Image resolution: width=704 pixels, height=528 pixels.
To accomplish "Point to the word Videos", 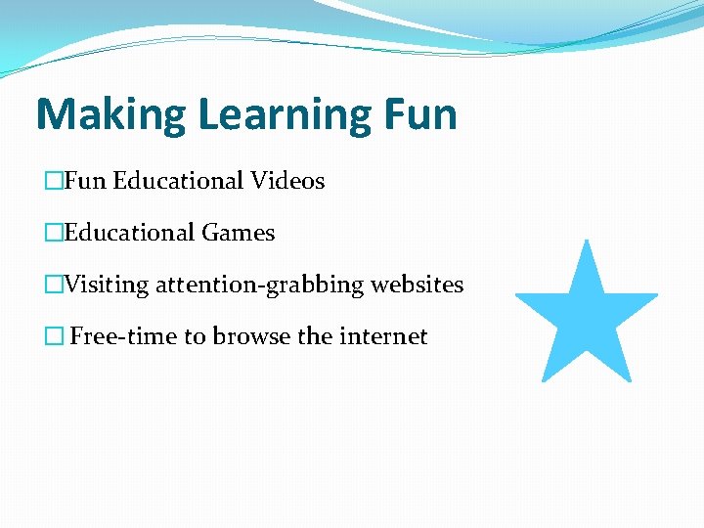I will click(287, 181).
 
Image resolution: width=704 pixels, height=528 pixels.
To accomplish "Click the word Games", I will click(239, 233).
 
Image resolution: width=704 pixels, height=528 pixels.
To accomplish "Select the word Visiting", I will click(107, 285).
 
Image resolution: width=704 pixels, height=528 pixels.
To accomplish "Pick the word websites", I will click(415, 285).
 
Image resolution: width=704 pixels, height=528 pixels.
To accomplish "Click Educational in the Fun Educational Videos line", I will click(178, 181).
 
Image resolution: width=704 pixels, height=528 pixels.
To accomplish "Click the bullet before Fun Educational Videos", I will click(54, 181).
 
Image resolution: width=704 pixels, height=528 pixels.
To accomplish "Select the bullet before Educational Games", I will click(54, 233).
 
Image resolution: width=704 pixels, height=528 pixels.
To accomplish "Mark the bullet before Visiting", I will click(54, 285).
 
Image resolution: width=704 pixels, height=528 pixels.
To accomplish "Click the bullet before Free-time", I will click(54, 336).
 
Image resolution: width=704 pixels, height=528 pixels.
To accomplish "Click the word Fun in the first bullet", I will click(86, 181).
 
